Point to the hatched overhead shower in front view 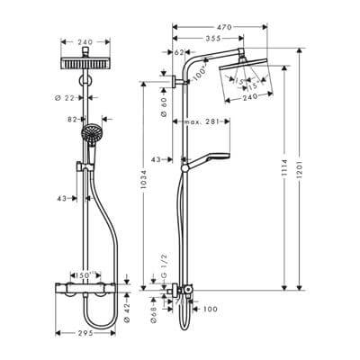(x=87, y=63)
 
